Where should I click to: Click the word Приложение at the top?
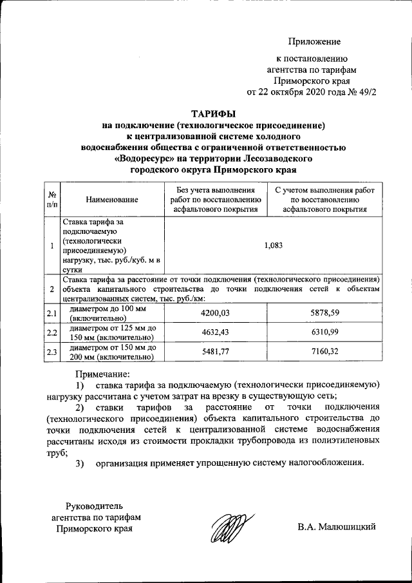click(x=314, y=42)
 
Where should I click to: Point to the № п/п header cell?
click(x=51, y=200)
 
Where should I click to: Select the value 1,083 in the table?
click(x=274, y=245)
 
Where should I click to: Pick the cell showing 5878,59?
click(x=324, y=312)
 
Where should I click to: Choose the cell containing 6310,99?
click(x=324, y=332)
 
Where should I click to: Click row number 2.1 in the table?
click(x=51, y=313)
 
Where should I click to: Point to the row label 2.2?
click(x=51, y=332)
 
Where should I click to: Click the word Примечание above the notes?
click(x=103, y=374)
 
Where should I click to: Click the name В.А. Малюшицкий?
click(x=337, y=528)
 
